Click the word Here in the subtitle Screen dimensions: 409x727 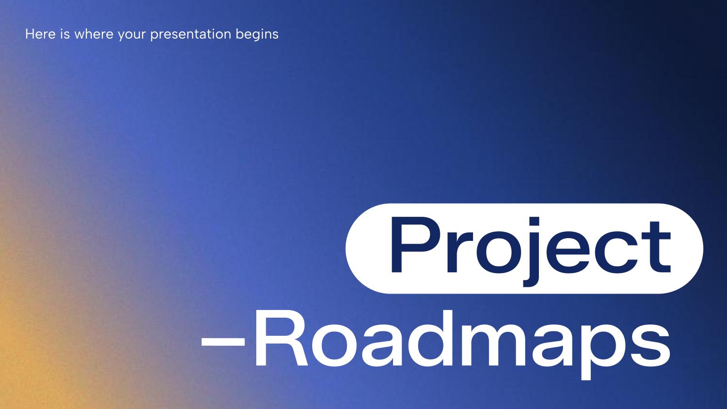click(40, 34)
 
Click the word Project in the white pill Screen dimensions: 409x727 click(530, 248)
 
